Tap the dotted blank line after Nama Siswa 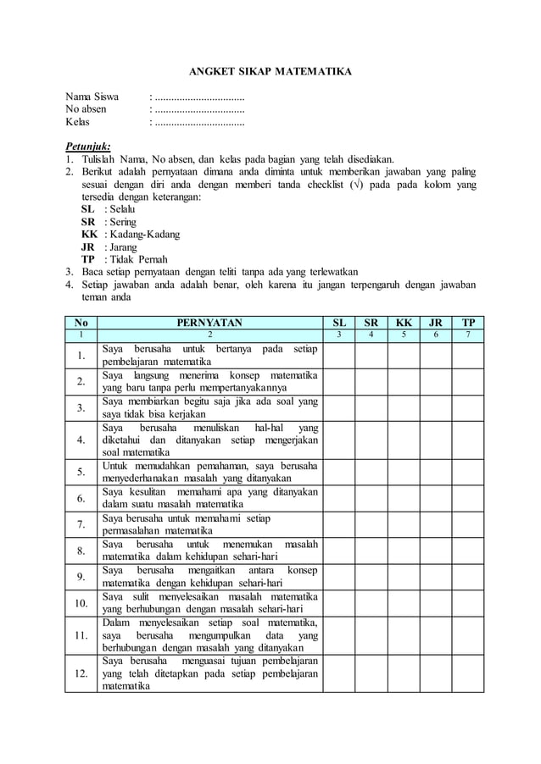click(197, 96)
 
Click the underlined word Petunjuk click(88, 144)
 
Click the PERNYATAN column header click(209, 323)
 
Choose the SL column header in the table click(338, 323)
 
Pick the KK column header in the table click(403, 323)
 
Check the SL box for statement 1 click(338, 356)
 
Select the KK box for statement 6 click(403, 498)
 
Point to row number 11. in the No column click(81, 635)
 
